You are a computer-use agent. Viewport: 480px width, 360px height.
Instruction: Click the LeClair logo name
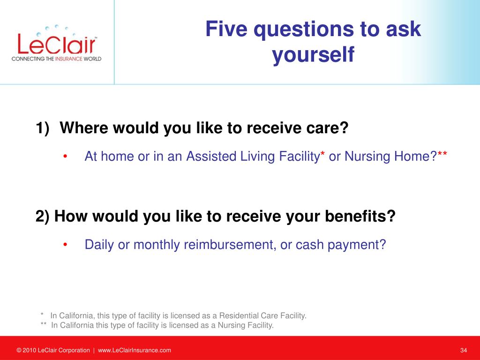[x=57, y=44]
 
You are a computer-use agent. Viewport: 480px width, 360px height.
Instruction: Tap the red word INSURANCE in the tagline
[x=69, y=59]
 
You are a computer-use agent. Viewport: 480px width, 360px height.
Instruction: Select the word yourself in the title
[x=313, y=54]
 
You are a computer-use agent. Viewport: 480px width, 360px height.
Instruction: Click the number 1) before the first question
[x=43, y=127]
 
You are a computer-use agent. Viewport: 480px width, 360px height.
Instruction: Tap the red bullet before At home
[x=65, y=157]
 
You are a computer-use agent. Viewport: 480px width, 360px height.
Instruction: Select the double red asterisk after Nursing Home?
[x=442, y=153]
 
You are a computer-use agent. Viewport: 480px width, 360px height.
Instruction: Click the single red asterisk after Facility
[x=322, y=153]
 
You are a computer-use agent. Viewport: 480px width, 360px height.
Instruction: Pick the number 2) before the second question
[x=42, y=216]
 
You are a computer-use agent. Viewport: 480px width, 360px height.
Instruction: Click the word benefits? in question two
[x=360, y=216]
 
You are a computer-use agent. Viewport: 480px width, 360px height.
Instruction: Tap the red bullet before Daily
[x=65, y=245]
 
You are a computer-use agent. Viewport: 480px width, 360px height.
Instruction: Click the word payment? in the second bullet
[x=357, y=245]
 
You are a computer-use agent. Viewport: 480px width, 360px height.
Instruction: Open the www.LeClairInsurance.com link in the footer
[x=135, y=350]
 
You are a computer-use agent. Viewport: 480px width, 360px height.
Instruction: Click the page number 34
[x=464, y=350]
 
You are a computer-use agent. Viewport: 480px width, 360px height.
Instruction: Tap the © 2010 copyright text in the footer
[x=53, y=350]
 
